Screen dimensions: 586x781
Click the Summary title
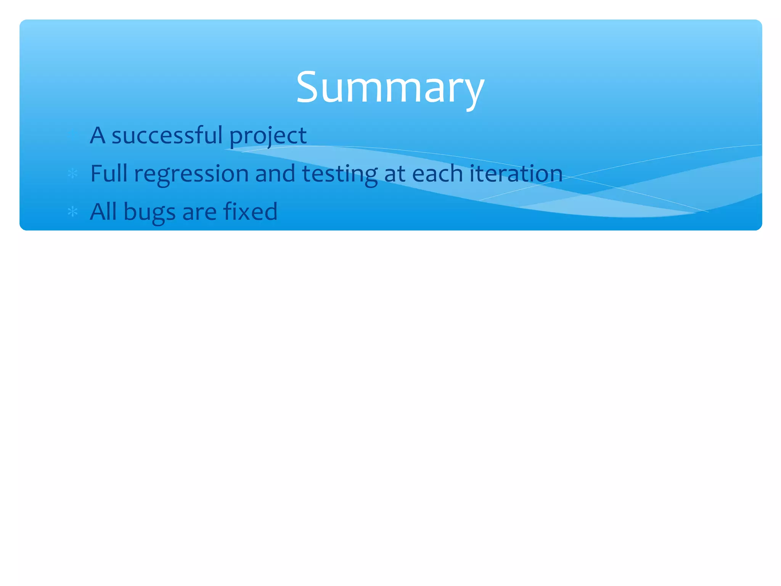point(390,88)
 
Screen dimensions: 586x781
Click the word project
point(268,136)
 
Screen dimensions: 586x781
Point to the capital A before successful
point(98,135)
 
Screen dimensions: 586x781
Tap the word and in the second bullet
point(275,173)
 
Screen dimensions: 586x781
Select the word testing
point(340,174)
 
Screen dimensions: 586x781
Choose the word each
point(437,173)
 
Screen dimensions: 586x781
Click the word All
point(103,211)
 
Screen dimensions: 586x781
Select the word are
point(199,213)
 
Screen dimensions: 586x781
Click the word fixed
point(250,211)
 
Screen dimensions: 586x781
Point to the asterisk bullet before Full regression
point(72,174)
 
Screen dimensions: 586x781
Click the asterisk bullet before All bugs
point(72,212)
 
